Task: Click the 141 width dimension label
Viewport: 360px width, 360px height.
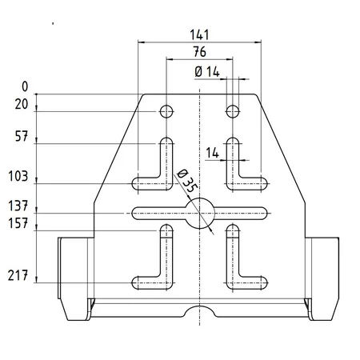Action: pyautogui.click(x=199, y=34)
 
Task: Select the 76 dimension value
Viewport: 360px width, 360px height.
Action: pyautogui.click(x=200, y=52)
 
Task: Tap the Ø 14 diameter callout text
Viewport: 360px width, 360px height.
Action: pyautogui.click(x=207, y=72)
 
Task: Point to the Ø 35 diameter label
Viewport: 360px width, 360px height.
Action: pyautogui.click(x=187, y=181)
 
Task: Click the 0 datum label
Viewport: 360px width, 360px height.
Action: pyautogui.click(x=25, y=86)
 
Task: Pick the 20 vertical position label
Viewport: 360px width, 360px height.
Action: pyautogui.click(x=22, y=104)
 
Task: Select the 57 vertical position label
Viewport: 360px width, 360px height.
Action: pyautogui.click(x=22, y=137)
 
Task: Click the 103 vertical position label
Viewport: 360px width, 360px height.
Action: pyautogui.click(x=18, y=176)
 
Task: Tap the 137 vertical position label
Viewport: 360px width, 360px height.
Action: pyautogui.click(x=18, y=206)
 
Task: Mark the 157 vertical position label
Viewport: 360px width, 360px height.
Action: pyautogui.click(x=18, y=223)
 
